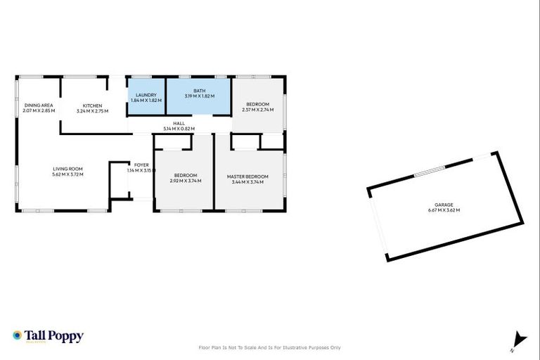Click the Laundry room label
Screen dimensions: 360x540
(146, 95)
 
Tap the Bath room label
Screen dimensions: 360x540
(200, 91)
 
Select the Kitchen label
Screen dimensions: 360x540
(92, 105)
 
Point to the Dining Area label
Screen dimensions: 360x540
(38, 105)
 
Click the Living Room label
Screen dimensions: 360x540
(68, 169)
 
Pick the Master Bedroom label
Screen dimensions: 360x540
(247, 176)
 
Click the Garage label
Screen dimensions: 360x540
(443, 205)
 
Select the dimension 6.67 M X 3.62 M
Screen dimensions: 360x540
(443, 210)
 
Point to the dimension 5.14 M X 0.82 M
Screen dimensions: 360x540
(179, 129)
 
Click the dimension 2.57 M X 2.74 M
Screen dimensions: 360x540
(257, 110)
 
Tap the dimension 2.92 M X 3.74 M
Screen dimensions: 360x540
(186, 181)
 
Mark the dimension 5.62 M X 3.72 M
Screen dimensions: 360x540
(68, 174)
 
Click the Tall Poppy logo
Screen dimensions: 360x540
(48, 336)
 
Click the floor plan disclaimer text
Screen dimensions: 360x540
(270, 347)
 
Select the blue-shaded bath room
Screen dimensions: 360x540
(199, 105)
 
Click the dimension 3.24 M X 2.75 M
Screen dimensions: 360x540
(92, 110)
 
